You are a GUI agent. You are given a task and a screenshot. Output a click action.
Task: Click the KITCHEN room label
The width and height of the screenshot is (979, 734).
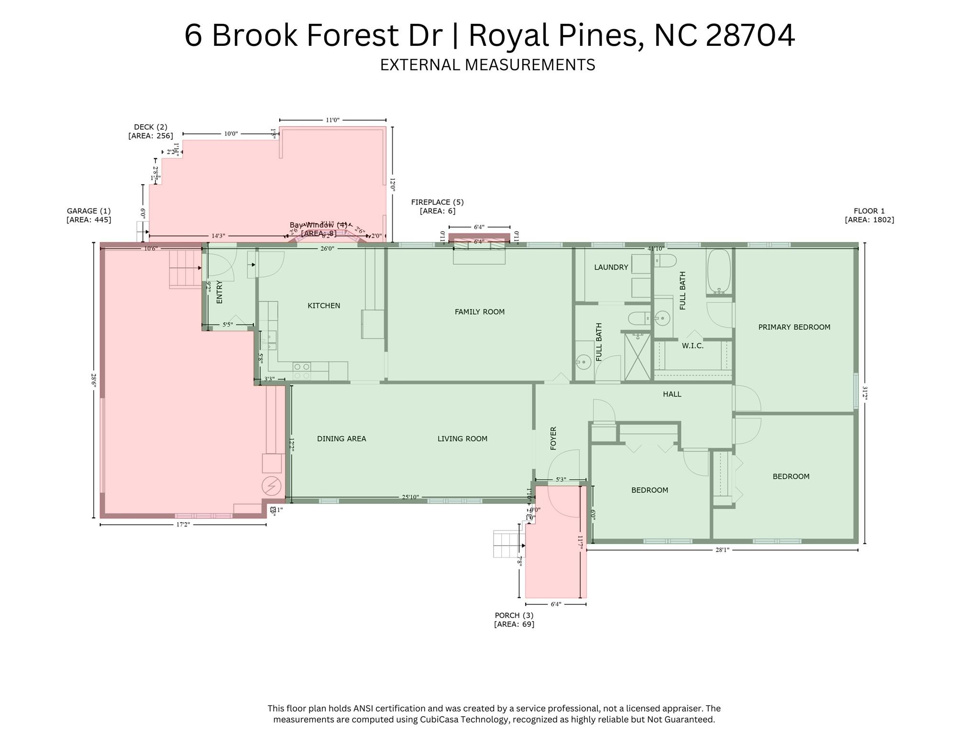pos(324,306)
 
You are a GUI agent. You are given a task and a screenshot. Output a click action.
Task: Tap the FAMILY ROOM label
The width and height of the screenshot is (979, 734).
pos(479,312)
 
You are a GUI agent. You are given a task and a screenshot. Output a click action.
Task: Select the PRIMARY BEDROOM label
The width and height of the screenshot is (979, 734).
pos(794,327)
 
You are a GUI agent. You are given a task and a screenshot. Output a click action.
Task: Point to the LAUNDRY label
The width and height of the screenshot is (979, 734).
pos(611,267)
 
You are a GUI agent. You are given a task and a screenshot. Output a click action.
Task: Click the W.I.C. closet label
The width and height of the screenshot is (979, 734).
pos(692,346)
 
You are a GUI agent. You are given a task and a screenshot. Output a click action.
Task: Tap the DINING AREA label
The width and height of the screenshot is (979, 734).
pos(341,438)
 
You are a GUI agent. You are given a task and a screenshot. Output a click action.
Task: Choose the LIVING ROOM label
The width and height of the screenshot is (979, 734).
pos(462,438)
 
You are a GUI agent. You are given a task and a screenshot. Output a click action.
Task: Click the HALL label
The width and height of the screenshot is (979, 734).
pos(671,394)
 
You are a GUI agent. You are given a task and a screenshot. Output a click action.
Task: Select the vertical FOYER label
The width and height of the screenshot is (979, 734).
pos(553,438)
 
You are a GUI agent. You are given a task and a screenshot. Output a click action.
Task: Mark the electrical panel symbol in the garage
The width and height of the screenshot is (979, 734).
pos(271,486)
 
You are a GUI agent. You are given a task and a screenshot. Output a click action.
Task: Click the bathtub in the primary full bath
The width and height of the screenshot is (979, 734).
pos(718,271)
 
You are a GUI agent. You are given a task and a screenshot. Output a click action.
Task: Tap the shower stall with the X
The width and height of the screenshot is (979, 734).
pos(638,357)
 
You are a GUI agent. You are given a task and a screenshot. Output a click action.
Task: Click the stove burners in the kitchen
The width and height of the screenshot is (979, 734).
pos(301,371)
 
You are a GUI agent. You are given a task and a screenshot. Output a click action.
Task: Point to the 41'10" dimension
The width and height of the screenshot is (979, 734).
pos(656,249)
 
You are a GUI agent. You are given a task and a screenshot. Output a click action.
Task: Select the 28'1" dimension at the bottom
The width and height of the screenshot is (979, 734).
pos(722,550)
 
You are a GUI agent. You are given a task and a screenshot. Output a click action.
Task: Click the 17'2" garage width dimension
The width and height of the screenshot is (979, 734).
pos(183,525)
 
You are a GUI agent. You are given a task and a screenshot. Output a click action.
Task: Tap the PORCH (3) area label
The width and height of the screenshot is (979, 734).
pos(514,620)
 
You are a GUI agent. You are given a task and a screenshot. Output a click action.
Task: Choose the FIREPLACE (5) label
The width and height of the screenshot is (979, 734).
pos(437,207)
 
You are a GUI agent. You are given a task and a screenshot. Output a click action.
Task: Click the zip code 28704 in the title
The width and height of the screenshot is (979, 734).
pos(750,35)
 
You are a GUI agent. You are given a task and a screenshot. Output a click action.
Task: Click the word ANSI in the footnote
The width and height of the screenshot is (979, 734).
pos(364,708)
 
